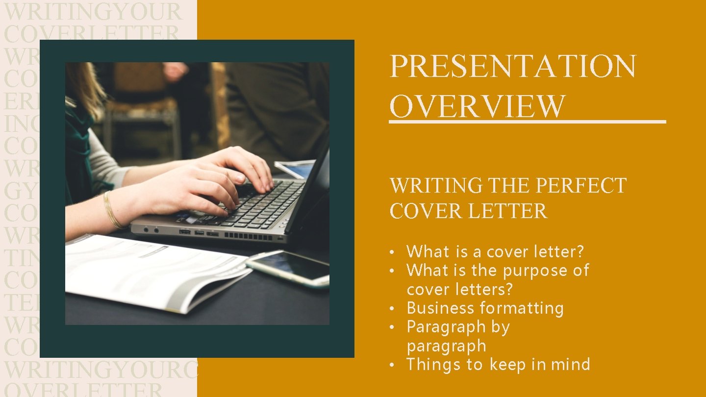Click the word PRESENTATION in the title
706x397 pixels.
[512, 67]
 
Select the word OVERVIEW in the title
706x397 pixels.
[477, 106]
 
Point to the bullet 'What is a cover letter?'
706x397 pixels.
[495, 252]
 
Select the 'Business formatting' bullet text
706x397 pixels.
[485, 308]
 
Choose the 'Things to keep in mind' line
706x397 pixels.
[498, 365]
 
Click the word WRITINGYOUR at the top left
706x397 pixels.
[93, 12]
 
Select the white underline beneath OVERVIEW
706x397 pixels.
[527, 121]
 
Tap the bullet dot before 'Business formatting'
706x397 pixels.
[392, 309]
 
